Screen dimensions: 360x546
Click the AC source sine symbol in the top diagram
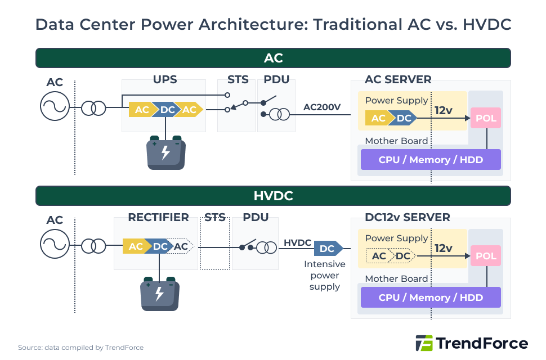[x=55, y=106]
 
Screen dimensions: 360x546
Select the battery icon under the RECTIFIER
[x=159, y=294]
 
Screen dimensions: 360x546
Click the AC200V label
[x=322, y=107]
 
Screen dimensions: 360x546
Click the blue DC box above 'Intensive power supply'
[x=327, y=248]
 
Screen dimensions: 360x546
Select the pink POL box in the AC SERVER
[x=486, y=118]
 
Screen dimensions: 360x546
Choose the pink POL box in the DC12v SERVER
[x=486, y=256]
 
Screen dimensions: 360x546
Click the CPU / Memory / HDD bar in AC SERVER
[x=431, y=160]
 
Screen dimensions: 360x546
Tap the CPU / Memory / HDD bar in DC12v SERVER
[x=431, y=298]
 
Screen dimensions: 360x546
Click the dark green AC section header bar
[x=273, y=58]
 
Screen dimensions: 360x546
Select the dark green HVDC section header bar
[x=273, y=196]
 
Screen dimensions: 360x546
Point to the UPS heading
[x=165, y=80]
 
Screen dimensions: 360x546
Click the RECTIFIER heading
[x=158, y=217]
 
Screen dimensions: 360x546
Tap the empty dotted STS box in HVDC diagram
[x=215, y=247]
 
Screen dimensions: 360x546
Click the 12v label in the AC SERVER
[x=444, y=110]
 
